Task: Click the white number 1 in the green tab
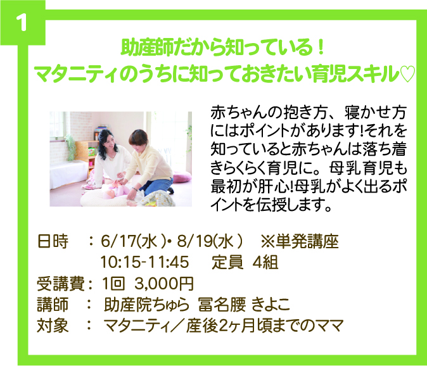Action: click(22, 22)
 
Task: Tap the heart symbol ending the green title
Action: click(407, 73)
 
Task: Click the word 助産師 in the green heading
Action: click(148, 48)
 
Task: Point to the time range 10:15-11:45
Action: click(144, 262)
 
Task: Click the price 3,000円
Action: click(164, 284)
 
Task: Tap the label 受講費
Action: click(61, 284)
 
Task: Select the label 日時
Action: click(53, 241)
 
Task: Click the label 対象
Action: click(53, 325)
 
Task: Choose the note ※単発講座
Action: click(300, 241)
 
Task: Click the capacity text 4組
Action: click(265, 262)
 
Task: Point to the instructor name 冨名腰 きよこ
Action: click(244, 305)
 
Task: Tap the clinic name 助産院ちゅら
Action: click(146, 305)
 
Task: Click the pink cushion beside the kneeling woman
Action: click(182, 177)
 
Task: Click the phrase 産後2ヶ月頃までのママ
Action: click(265, 325)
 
